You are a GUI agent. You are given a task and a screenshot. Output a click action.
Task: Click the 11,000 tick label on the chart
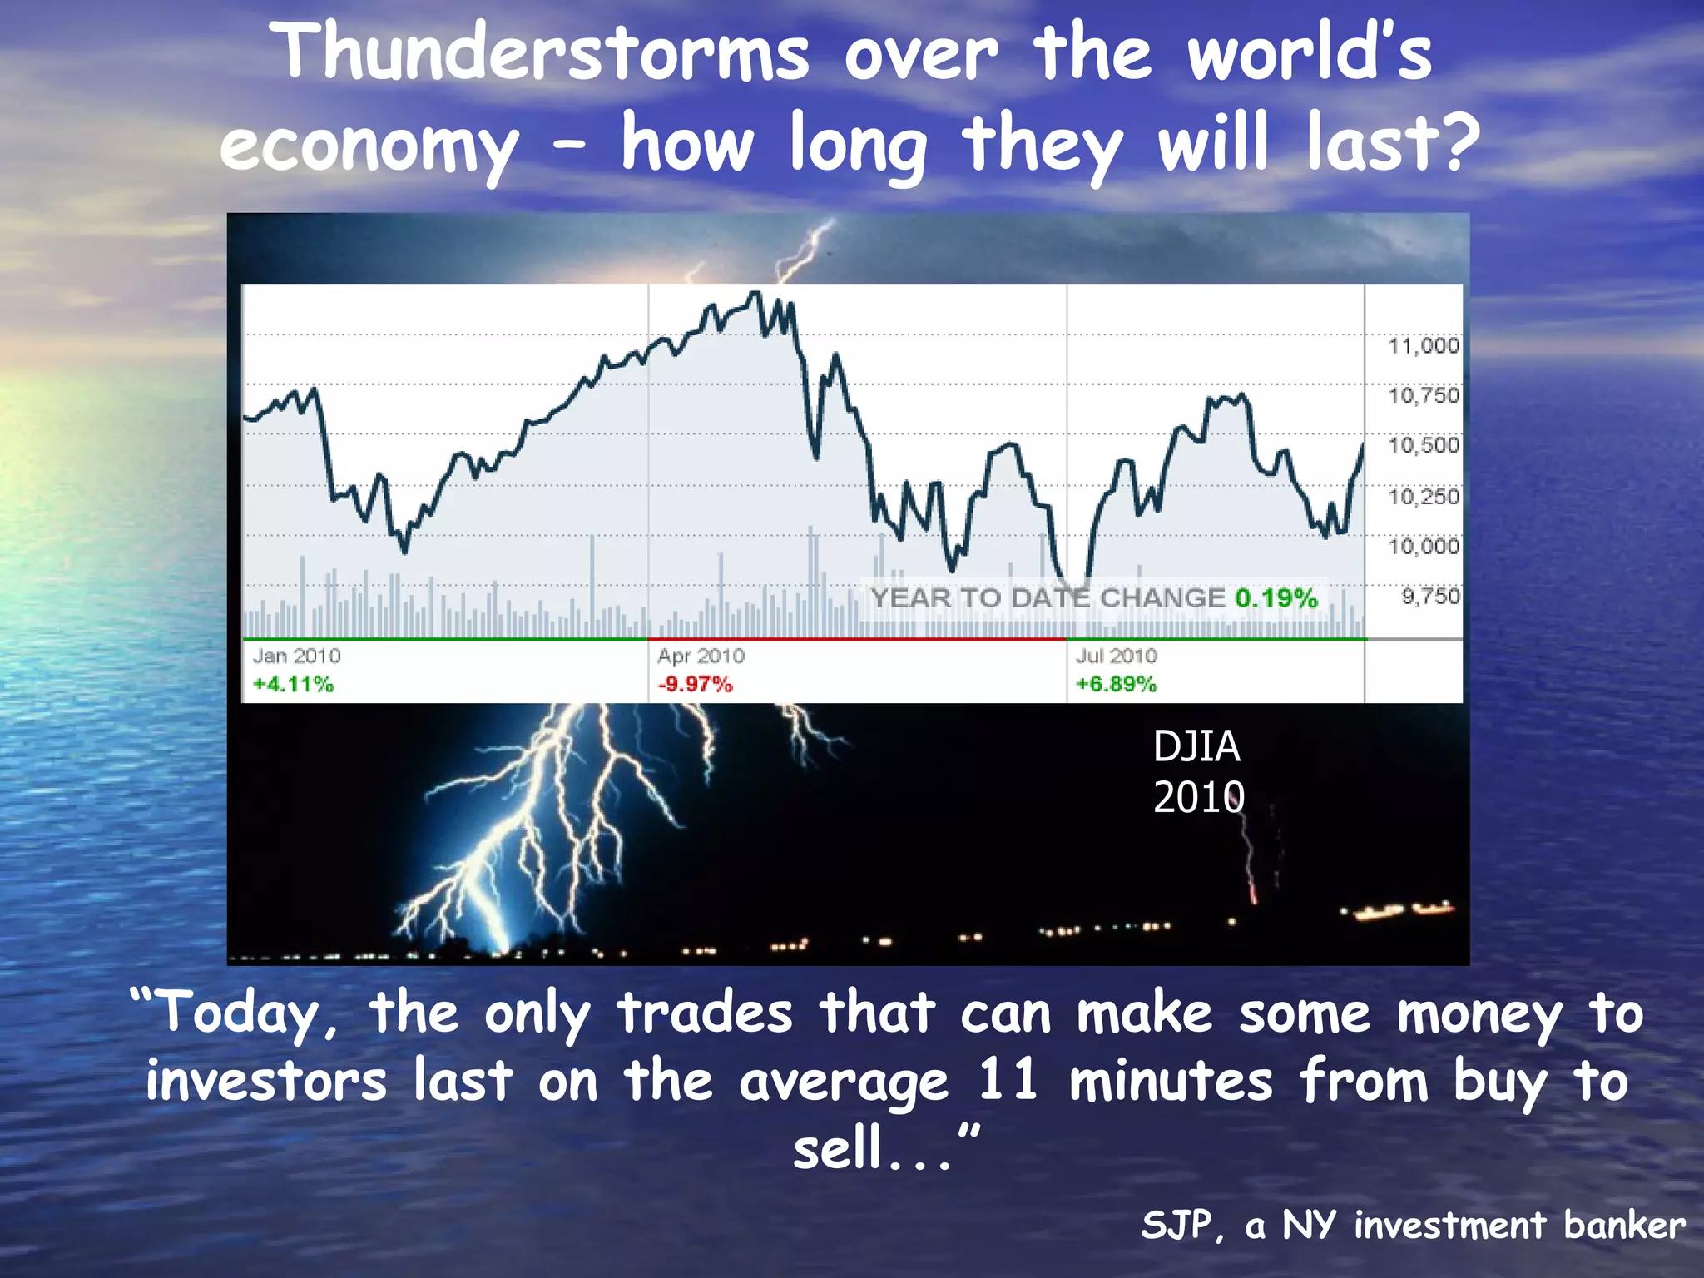click(x=1424, y=345)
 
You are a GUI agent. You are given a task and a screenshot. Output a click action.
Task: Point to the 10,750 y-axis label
click(x=1424, y=395)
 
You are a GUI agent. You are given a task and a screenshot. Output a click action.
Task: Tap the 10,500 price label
click(x=1424, y=445)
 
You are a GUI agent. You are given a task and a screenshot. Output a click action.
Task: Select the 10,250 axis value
click(x=1424, y=497)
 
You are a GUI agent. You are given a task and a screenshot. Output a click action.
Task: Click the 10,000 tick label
click(x=1424, y=547)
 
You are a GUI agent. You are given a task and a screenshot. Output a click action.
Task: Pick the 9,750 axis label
click(x=1430, y=597)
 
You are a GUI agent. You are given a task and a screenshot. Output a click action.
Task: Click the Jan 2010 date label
click(x=297, y=656)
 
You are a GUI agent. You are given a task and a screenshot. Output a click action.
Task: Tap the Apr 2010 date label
click(x=701, y=656)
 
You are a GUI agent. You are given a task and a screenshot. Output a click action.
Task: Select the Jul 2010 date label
click(x=1116, y=656)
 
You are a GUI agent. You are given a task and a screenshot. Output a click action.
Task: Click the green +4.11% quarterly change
click(x=293, y=684)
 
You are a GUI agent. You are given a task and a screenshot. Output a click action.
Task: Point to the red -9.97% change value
click(x=695, y=684)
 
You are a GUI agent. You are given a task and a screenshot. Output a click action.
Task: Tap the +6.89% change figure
click(x=1116, y=684)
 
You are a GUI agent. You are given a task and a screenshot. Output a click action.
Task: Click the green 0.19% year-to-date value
click(x=1276, y=597)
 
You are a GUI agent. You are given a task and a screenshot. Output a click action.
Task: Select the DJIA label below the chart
click(x=1196, y=746)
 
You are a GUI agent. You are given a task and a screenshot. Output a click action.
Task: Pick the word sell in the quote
click(x=837, y=1148)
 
